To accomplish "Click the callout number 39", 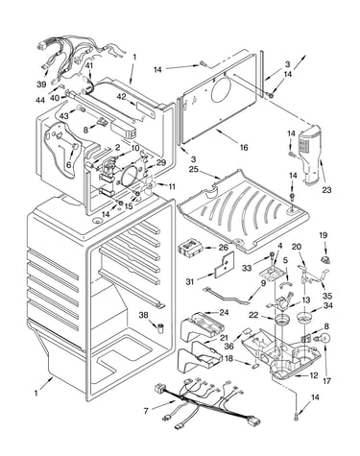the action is [41, 84].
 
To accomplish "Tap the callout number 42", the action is [121, 97].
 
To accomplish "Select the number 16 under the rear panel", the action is [244, 147].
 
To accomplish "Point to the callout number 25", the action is [194, 170].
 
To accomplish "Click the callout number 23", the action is [326, 190].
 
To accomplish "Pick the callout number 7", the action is [146, 411].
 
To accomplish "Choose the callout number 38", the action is [144, 315].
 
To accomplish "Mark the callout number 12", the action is [314, 375].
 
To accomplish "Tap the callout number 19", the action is [324, 235].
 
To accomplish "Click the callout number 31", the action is [190, 281].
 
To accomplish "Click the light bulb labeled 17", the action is [324, 339].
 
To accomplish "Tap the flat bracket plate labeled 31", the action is [225, 265].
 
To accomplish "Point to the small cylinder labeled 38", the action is [160, 327].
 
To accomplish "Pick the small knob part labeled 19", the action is [325, 259].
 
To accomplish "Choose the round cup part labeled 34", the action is [304, 318].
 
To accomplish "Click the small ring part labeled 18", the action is [256, 365].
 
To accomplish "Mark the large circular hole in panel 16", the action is [222, 88].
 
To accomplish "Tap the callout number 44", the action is [40, 101].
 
